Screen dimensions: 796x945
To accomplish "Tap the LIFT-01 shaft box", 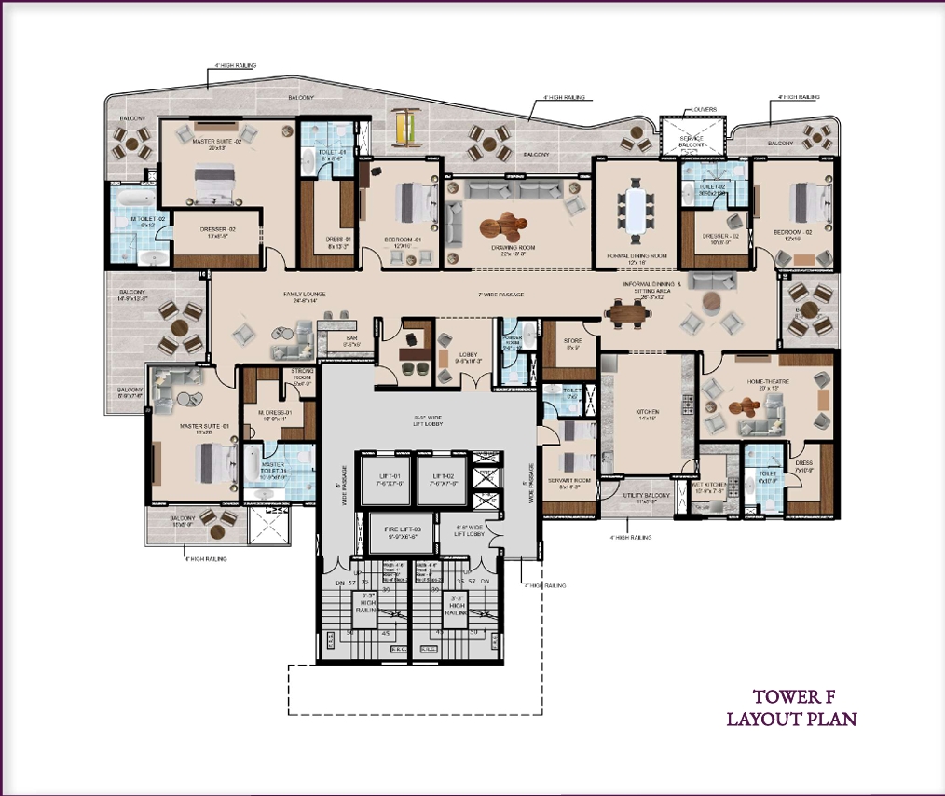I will coord(385,479).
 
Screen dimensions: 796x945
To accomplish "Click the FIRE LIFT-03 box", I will coord(402,533).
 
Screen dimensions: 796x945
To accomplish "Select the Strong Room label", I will coord(300,377).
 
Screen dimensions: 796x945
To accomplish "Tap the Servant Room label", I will coord(568,481).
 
